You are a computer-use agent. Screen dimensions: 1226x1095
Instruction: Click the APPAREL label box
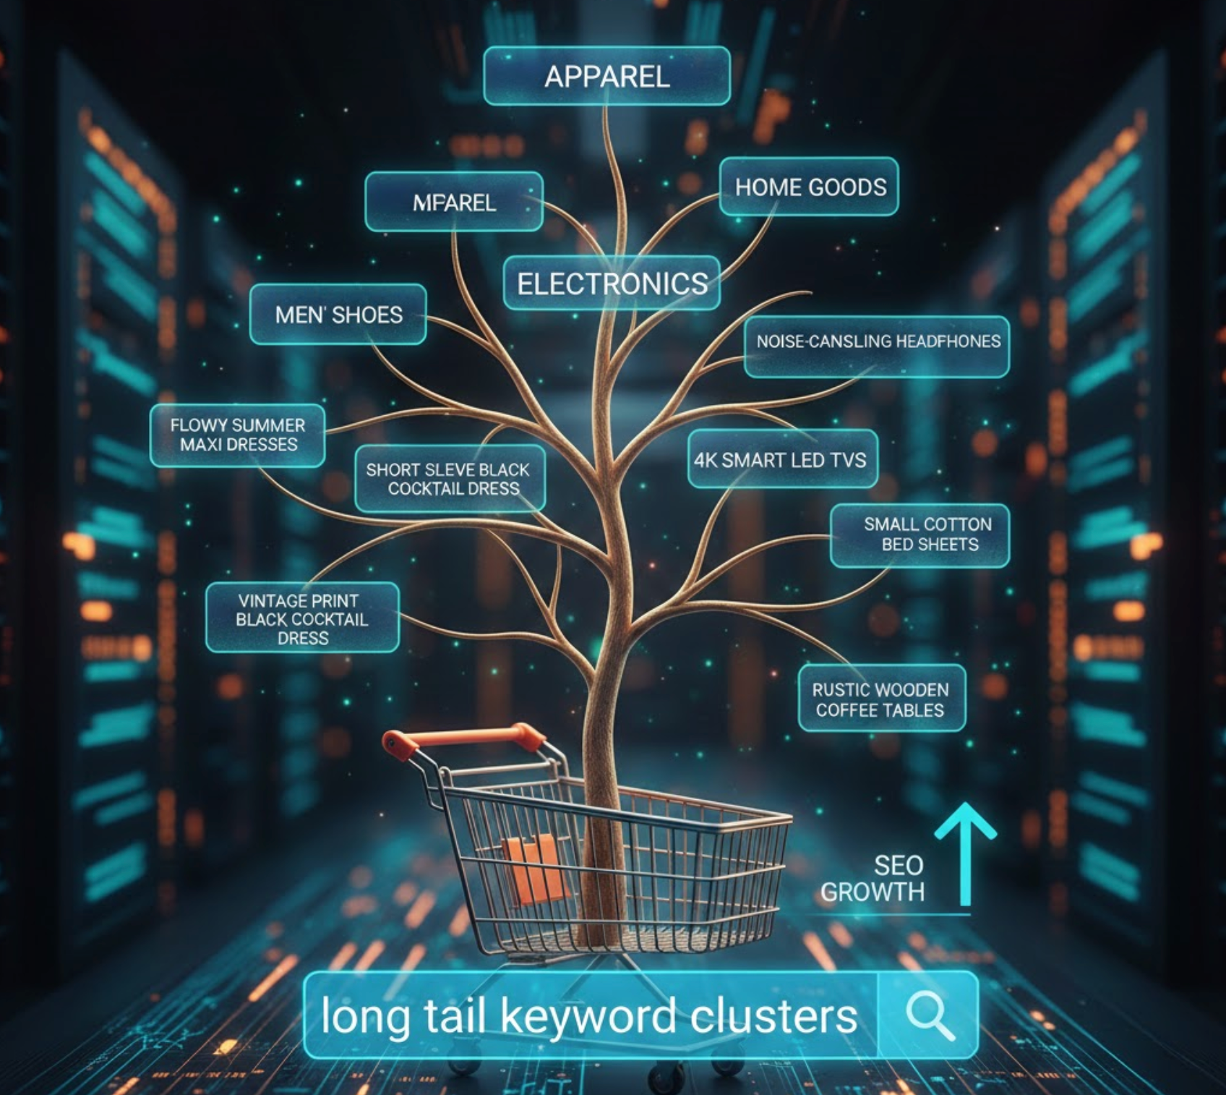[606, 76]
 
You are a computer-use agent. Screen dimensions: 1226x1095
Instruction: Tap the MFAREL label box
[454, 202]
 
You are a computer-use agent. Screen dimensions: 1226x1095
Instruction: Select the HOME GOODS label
[810, 187]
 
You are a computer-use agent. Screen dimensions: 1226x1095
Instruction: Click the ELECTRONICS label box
[612, 283]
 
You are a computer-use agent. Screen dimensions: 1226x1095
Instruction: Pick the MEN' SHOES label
[338, 315]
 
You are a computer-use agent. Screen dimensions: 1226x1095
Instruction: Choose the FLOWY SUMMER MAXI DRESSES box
[238, 435]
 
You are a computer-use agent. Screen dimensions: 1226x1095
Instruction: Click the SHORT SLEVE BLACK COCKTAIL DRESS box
[449, 479]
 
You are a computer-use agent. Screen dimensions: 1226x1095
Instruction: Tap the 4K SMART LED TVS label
[781, 460]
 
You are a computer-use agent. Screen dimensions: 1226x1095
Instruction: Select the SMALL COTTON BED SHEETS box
[919, 534]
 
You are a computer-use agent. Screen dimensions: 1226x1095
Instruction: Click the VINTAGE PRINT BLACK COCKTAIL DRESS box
[302, 618]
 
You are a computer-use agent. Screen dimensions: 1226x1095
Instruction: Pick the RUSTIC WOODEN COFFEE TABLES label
[880, 699]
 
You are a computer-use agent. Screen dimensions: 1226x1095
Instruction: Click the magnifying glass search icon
[930, 1015]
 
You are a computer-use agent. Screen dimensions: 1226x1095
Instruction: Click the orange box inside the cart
[535, 868]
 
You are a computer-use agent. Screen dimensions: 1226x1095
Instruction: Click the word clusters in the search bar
[773, 1016]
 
